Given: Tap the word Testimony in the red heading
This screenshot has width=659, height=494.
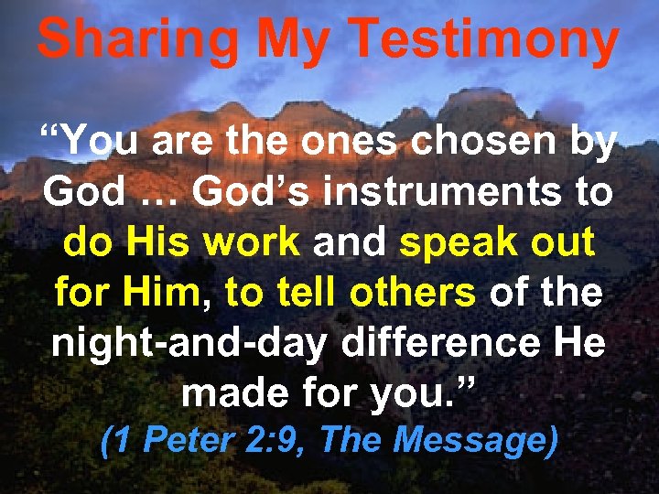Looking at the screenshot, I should click(x=485, y=41).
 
